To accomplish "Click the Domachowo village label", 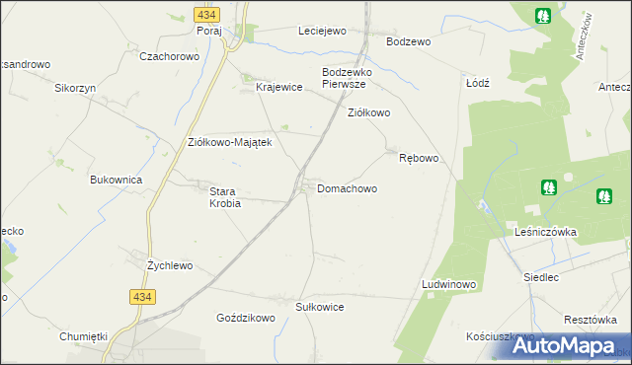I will (x=347, y=187).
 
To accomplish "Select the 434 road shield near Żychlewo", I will (x=142, y=296).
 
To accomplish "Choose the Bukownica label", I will (x=117, y=181).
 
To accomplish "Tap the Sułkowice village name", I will (x=320, y=307).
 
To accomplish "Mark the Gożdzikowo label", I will (x=245, y=319).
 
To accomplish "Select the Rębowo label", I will (x=418, y=158).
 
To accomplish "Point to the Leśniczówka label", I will (x=545, y=232).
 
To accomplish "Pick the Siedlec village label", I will (x=541, y=278).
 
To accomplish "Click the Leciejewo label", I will (x=323, y=31).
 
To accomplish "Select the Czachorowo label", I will (x=170, y=57).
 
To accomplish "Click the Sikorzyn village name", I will (x=74, y=87).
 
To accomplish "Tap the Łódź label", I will (x=478, y=83).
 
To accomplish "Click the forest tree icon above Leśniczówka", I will (x=548, y=186).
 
